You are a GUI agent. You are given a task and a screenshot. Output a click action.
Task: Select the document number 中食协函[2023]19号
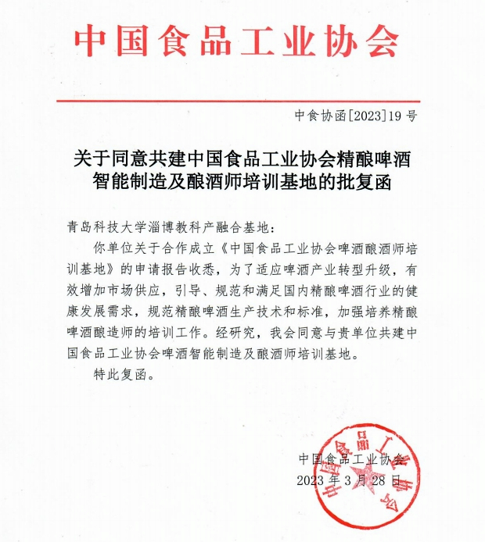click(x=356, y=116)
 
